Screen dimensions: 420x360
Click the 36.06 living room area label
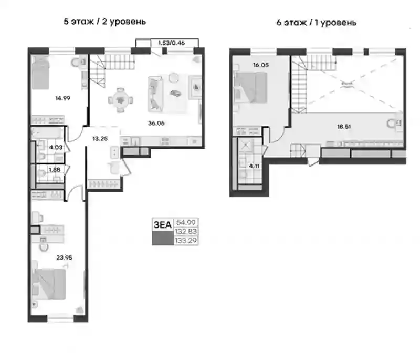pyautogui.click(x=156, y=124)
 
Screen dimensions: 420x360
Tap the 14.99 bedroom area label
pyautogui.click(x=62, y=98)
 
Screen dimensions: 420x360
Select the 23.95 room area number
pyautogui.click(x=64, y=258)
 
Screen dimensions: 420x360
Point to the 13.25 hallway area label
pyautogui.click(x=100, y=139)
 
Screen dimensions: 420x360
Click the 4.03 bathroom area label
pyautogui.click(x=56, y=147)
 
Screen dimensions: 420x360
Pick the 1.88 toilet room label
pyautogui.click(x=55, y=170)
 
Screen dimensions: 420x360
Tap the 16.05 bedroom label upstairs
pyautogui.click(x=260, y=65)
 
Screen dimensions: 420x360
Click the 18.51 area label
pyautogui.click(x=344, y=126)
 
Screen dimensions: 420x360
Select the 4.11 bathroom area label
pyautogui.click(x=254, y=166)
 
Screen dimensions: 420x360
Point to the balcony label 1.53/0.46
pyautogui.click(x=172, y=43)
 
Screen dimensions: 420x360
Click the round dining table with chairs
pyautogui.click(x=121, y=100)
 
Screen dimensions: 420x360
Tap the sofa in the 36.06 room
pyautogui.click(x=155, y=94)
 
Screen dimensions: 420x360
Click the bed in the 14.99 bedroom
pyautogui.click(x=40, y=73)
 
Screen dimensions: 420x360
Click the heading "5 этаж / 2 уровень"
pyautogui.click(x=104, y=22)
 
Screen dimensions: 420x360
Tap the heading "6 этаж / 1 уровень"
pyautogui.click(x=317, y=23)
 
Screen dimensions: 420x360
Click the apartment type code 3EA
pyautogui.click(x=163, y=225)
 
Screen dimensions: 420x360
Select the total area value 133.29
pyautogui.click(x=186, y=241)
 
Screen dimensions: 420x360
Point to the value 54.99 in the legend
pyautogui.click(x=186, y=222)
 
